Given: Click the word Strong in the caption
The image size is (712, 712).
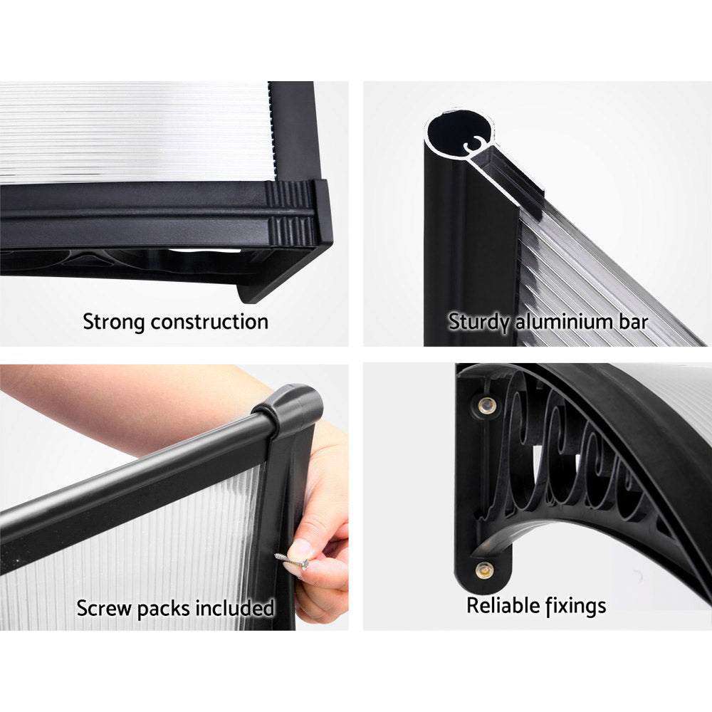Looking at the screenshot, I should tap(112, 321).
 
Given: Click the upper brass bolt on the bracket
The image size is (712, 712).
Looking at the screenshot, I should tap(487, 406).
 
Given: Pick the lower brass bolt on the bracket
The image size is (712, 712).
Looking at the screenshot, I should tap(485, 570).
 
